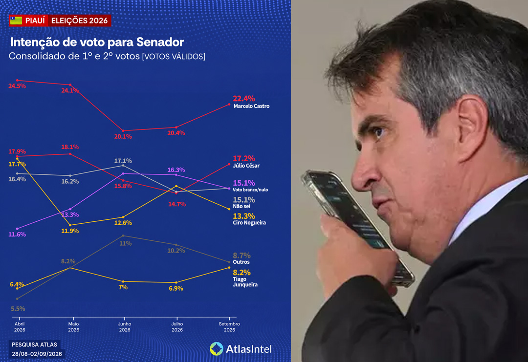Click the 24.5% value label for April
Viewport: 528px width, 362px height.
tap(17, 86)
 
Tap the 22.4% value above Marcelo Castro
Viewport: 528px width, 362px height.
tap(244, 99)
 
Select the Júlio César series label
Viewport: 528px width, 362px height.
tap(246, 166)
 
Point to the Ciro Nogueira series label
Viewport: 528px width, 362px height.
tap(249, 222)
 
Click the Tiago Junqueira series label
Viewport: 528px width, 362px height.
tap(245, 281)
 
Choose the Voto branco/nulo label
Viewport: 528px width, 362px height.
tap(250, 190)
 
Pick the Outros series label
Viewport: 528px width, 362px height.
tap(241, 262)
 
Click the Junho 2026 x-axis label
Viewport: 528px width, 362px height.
tap(125, 327)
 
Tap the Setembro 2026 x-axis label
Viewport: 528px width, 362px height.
tap(229, 327)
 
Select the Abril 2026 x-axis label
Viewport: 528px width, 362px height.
tap(20, 327)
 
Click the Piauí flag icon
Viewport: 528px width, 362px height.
tap(16, 21)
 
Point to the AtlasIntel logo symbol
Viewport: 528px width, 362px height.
tap(217, 349)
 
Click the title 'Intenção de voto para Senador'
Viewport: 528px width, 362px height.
tap(97, 42)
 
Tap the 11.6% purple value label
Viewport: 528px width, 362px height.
tap(17, 234)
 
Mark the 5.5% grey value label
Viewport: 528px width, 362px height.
tap(18, 309)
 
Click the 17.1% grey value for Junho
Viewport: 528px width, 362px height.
tap(123, 161)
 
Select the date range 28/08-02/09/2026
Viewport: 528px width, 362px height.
tap(37, 354)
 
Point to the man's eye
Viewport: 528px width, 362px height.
tap(378, 132)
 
